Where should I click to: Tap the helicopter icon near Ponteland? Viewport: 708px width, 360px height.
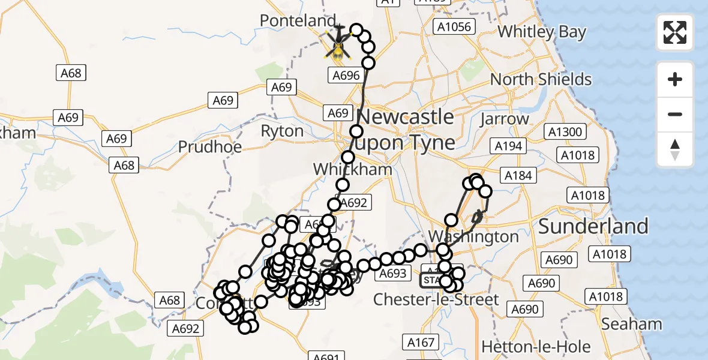coord(338,45)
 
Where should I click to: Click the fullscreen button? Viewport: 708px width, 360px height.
coord(675,32)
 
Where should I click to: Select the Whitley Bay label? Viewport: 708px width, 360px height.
coord(542,31)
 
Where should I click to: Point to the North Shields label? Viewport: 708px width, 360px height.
coord(541,79)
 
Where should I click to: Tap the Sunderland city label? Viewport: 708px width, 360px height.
coord(593,226)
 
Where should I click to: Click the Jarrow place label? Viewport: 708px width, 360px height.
coord(504,119)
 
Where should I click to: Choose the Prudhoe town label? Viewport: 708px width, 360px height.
coord(210,146)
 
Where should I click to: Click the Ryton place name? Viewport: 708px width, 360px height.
coord(282,131)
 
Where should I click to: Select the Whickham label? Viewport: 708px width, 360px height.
coord(352,169)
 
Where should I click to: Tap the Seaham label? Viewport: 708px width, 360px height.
coord(631,324)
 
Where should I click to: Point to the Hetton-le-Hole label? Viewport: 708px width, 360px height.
coord(536,346)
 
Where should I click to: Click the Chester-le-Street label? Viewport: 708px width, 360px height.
coord(436,299)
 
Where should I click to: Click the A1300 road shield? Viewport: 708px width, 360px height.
coord(565,131)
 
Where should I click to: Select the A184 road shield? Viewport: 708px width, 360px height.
coord(519,175)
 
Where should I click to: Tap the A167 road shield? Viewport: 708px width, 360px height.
coord(420,343)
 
